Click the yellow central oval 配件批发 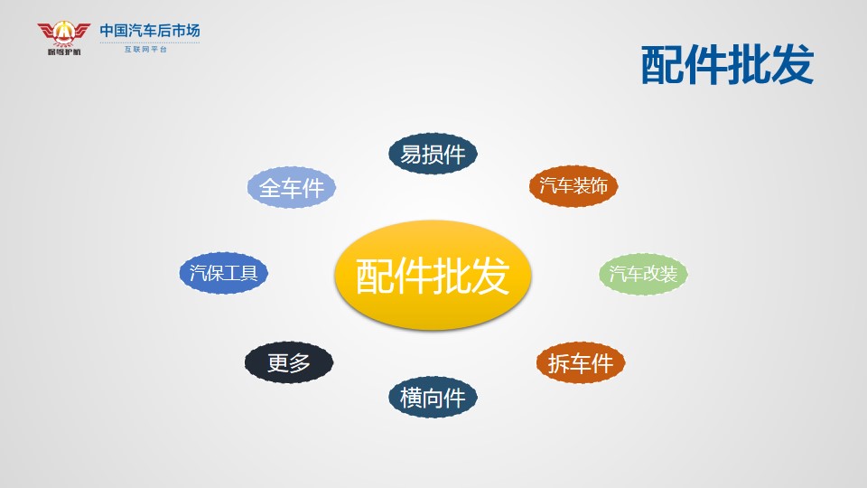point(433,275)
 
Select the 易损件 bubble point(433,154)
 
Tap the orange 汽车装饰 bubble point(573,186)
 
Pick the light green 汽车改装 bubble point(643,274)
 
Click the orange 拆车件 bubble point(581,363)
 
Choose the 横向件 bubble point(433,398)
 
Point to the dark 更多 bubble point(289,362)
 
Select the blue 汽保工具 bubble point(223,273)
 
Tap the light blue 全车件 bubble point(292,188)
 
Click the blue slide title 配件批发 point(727,65)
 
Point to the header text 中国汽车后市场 point(150,31)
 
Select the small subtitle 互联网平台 point(145,49)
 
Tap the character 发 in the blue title point(792,65)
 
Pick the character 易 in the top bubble point(411,155)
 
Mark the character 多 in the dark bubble point(300,363)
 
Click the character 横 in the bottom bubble point(411,398)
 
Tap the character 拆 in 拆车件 point(558,363)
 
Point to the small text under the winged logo point(64,52)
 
